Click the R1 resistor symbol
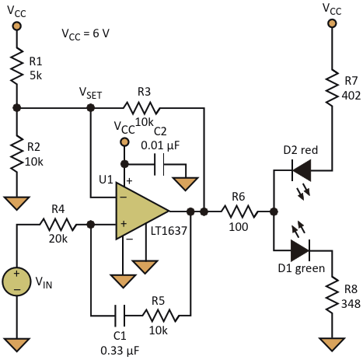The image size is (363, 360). (17, 65)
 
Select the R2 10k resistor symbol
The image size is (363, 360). (17, 153)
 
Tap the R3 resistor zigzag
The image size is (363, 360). (141, 108)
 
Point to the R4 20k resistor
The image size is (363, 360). (58, 225)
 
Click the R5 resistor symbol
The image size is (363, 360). (160, 315)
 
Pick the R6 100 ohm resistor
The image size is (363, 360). (239, 211)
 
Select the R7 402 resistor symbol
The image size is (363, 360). (332, 87)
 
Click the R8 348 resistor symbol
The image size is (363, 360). (332, 295)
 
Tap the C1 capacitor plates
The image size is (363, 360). (120, 315)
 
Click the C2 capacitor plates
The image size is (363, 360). (159, 164)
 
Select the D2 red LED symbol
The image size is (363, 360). (302, 170)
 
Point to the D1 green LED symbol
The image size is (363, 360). (301, 250)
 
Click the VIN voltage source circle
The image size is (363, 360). (16, 281)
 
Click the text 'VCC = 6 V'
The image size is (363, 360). (86, 34)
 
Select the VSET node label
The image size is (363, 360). (90, 93)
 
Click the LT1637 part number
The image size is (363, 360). (169, 231)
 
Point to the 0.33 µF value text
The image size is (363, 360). (120, 351)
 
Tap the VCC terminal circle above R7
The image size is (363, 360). (332, 23)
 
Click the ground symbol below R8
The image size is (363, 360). (332, 344)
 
